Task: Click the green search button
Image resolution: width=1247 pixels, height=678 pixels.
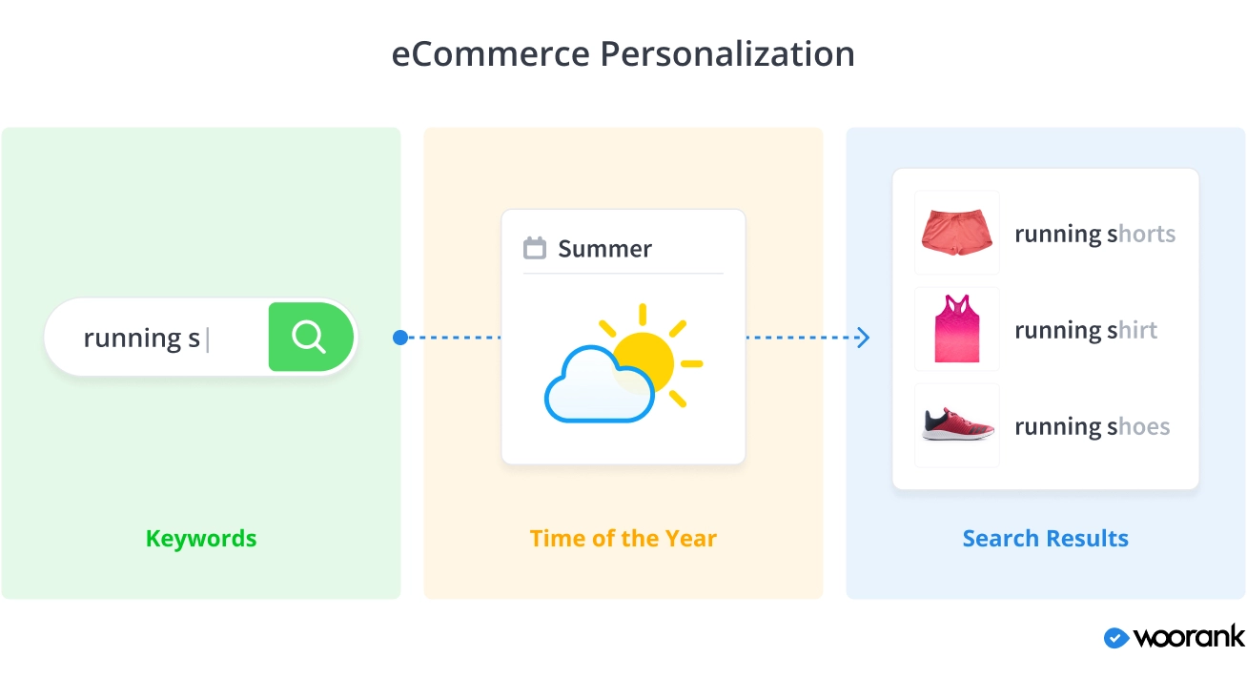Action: pyautogui.click(x=311, y=337)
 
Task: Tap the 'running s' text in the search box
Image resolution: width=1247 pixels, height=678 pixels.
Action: pyautogui.click(x=141, y=339)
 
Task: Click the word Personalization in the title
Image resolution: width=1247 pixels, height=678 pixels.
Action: pyautogui.click(x=727, y=54)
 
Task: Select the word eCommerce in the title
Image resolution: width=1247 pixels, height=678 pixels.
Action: pyautogui.click(x=490, y=54)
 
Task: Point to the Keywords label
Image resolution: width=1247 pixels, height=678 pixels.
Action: pyautogui.click(x=201, y=538)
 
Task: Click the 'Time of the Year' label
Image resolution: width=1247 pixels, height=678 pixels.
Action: pyautogui.click(x=623, y=538)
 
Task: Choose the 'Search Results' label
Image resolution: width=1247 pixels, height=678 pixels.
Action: pyautogui.click(x=1046, y=538)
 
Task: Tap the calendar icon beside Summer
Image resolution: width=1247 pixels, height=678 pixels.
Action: pyautogui.click(x=535, y=248)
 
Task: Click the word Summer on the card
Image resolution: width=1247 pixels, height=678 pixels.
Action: pyautogui.click(x=604, y=249)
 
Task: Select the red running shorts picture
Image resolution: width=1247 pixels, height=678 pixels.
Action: pyautogui.click(x=957, y=232)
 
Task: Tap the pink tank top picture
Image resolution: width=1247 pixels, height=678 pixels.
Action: pyautogui.click(x=957, y=328)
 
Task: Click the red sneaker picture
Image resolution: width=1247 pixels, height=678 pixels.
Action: pyautogui.click(x=957, y=424)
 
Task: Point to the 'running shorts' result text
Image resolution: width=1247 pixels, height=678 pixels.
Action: pyautogui.click(x=1095, y=235)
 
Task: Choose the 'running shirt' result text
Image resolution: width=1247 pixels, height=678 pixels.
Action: pyautogui.click(x=1086, y=331)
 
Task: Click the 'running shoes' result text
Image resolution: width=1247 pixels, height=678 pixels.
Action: pyautogui.click(x=1093, y=427)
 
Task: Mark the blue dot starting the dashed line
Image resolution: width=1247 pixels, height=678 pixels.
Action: pyautogui.click(x=400, y=338)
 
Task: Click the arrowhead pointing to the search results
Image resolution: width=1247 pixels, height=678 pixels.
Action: pyautogui.click(x=863, y=338)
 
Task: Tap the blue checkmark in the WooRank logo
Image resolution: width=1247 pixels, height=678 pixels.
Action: pyautogui.click(x=1116, y=638)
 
